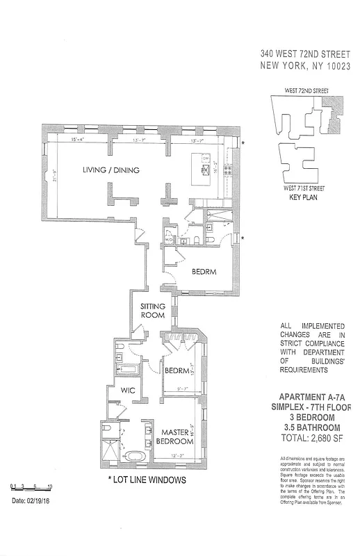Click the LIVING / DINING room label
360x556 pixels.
click(111, 170)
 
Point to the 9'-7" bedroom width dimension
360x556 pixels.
click(184, 389)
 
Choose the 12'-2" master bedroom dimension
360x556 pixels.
click(179, 456)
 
